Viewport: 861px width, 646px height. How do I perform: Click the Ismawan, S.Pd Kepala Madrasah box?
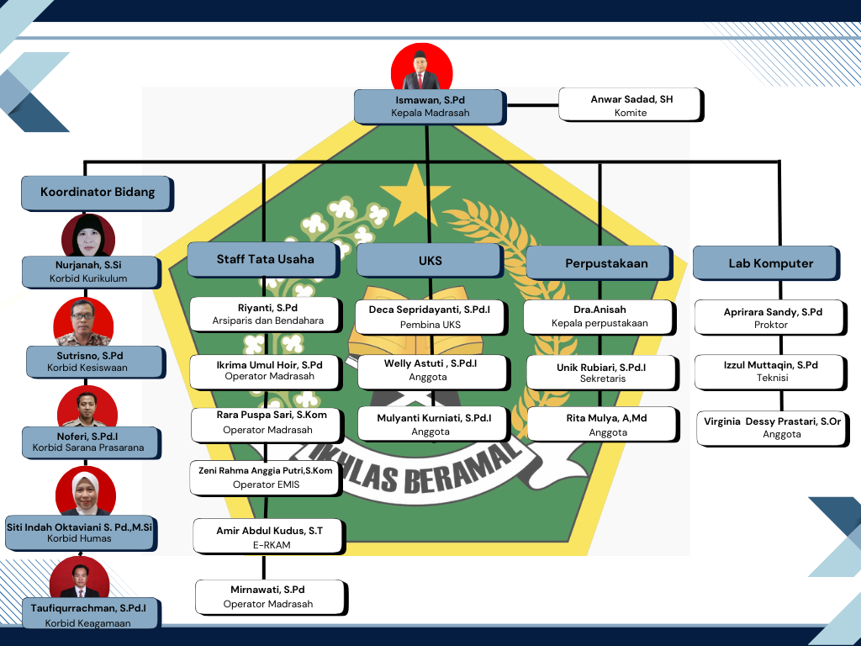tap(430, 107)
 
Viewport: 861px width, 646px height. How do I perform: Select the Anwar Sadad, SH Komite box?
tap(631, 105)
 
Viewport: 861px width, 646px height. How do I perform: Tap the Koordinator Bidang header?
tap(97, 193)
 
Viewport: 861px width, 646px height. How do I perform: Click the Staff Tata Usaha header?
tap(265, 260)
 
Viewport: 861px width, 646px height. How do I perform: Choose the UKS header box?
tap(430, 261)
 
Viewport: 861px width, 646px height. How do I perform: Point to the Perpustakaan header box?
tap(599, 263)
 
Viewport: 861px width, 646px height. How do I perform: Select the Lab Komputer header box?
tap(765, 263)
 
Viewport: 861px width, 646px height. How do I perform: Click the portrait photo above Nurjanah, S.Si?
tap(88, 236)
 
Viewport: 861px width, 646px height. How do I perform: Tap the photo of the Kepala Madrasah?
tap(422, 67)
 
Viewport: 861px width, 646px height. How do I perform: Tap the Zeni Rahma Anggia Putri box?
tap(266, 478)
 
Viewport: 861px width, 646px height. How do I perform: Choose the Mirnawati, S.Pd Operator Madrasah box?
tap(269, 597)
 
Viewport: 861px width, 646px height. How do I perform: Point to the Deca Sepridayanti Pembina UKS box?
tap(430, 316)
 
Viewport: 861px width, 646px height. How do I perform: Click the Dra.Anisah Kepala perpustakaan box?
tap(599, 316)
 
